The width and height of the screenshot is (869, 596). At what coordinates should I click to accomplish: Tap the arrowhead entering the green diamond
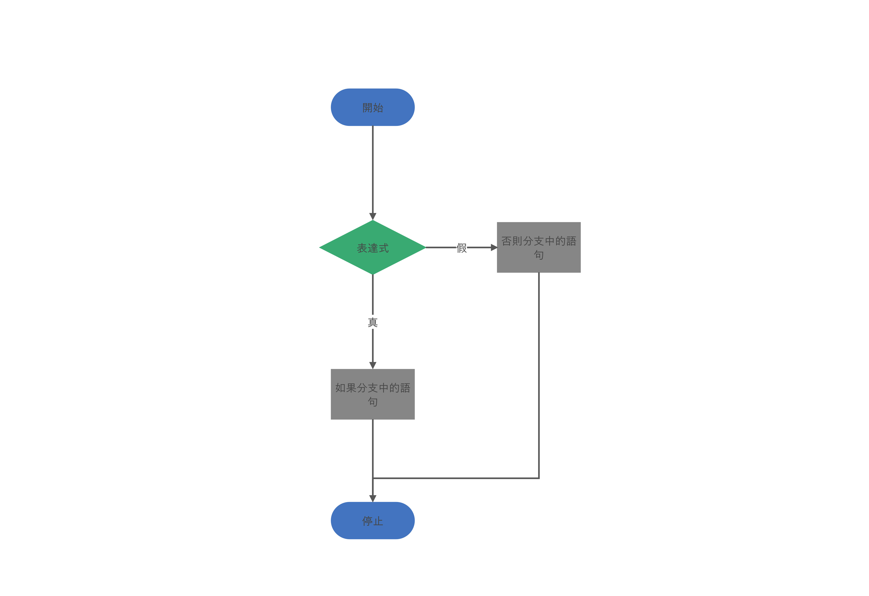(x=373, y=216)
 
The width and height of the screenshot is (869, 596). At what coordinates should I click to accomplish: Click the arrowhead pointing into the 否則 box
(x=494, y=248)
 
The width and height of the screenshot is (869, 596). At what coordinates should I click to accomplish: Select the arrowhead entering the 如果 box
(x=373, y=365)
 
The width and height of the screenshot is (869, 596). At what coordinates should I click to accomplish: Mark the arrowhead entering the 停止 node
(x=373, y=498)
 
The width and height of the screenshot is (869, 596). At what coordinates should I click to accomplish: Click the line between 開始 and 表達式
(x=373, y=173)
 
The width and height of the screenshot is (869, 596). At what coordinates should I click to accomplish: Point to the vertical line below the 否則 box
(x=539, y=375)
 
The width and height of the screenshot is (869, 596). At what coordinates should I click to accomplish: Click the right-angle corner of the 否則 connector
(x=539, y=478)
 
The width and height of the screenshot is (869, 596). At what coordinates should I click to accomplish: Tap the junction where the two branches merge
(x=373, y=478)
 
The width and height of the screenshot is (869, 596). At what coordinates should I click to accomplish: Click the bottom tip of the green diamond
(x=373, y=274)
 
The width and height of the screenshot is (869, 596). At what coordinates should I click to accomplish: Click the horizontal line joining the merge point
(x=456, y=478)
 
